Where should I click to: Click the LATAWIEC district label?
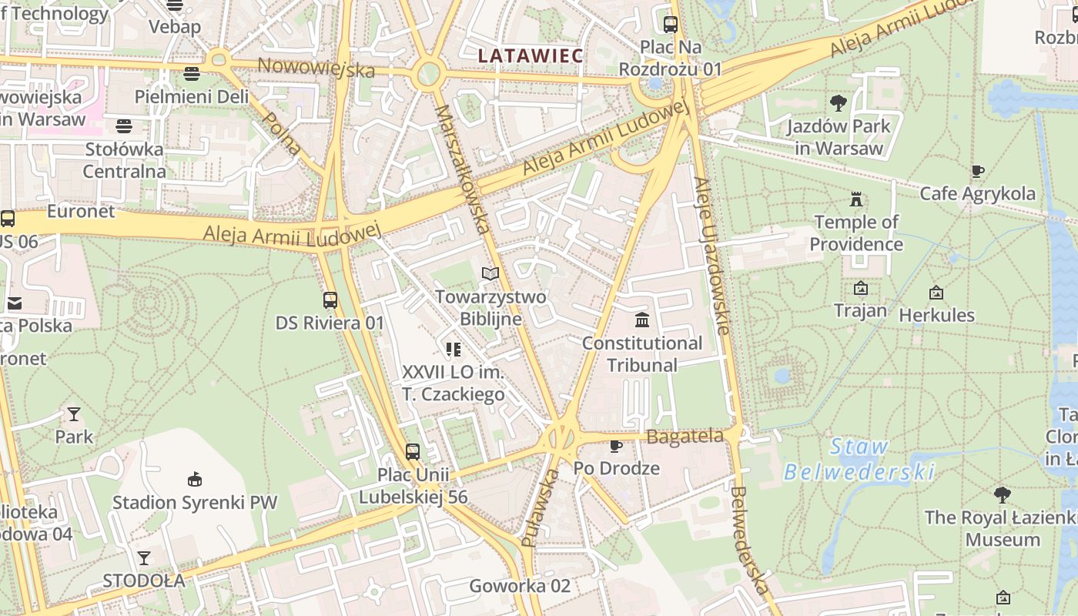pos(531,55)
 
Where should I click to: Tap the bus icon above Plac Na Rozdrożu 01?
pos(670,24)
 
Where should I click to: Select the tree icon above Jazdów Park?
pos(838,103)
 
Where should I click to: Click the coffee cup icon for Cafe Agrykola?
pos(977,171)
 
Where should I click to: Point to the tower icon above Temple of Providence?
pos(855,200)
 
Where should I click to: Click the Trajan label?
pos(860,311)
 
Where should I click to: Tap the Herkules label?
pos(936,315)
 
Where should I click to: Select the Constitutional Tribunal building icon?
pos(641,320)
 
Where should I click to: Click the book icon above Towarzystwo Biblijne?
pos(490,273)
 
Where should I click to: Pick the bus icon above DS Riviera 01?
pos(330,300)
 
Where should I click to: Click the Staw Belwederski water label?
pos(859,460)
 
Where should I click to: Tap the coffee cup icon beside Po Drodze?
pos(615,446)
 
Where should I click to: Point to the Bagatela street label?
pos(685,437)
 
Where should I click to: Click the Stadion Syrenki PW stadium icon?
pos(195,479)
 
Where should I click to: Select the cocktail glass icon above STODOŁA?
pos(144,557)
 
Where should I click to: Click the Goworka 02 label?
pos(520,586)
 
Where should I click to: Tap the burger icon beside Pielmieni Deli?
pos(192,73)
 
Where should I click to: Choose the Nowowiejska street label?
pos(316,68)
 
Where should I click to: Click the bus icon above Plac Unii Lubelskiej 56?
pos(413,452)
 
